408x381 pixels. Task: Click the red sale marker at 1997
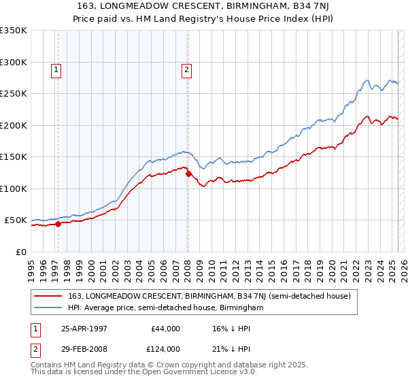58,223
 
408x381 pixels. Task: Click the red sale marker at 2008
188,173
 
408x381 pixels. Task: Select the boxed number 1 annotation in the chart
55,69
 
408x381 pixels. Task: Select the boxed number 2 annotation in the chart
186,69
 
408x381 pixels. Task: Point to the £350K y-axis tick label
14,31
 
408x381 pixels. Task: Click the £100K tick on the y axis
14,188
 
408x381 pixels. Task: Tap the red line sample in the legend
47,296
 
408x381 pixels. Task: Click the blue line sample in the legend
47,308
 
